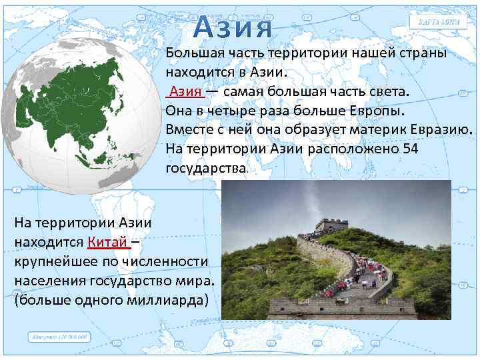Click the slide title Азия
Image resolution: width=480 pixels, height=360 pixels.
(235, 29)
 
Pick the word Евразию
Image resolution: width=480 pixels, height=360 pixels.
(437, 129)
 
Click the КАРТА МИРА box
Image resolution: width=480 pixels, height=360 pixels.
(439, 22)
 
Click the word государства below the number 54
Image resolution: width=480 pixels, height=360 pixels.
(206, 167)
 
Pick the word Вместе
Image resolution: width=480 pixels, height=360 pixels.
(188, 129)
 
